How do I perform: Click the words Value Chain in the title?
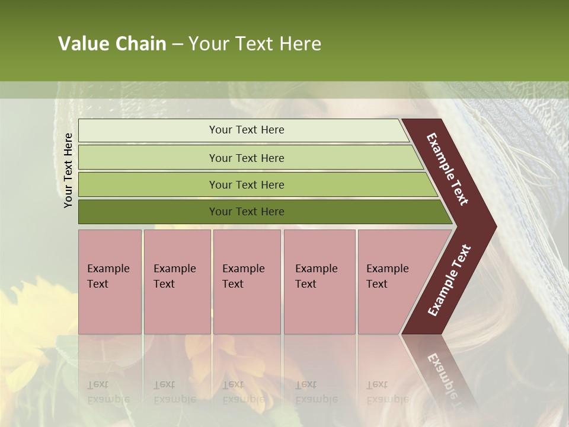(x=112, y=44)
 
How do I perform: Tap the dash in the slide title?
(x=177, y=44)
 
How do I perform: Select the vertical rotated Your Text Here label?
(x=69, y=170)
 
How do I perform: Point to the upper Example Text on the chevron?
(x=447, y=169)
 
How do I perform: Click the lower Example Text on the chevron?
(x=449, y=281)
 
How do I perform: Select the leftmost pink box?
(x=110, y=282)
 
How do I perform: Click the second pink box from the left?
(x=177, y=282)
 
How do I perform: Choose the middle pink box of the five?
(x=247, y=282)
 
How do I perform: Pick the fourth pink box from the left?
(x=319, y=282)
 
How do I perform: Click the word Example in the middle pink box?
(x=243, y=269)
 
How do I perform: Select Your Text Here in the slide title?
(x=255, y=44)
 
